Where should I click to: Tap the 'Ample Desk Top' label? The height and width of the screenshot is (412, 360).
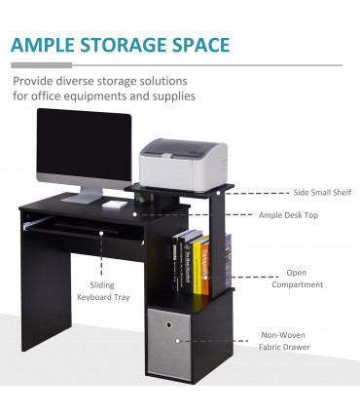coord(292,214)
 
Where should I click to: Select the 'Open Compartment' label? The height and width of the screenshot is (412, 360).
coord(297,279)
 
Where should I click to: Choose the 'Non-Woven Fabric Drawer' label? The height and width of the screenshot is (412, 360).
coord(283,341)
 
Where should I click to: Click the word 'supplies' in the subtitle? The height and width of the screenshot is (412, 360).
coord(173,96)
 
